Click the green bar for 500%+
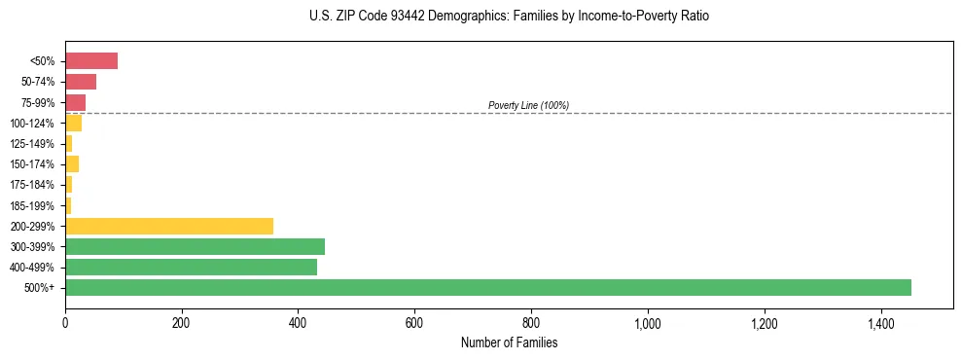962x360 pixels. [487, 287]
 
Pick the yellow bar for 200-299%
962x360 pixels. [169, 226]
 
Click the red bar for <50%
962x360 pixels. [91, 61]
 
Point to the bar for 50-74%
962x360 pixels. [81, 82]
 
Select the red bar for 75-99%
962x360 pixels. [75, 102]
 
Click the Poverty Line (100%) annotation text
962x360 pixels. [528, 105]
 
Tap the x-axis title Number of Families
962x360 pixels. [509, 342]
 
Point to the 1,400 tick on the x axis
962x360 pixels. [880, 322]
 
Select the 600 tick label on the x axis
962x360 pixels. [414, 322]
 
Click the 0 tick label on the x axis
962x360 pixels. [65, 322]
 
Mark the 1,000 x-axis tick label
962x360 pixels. [647, 322]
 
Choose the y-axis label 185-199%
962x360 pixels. [32, 205]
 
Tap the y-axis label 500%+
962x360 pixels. [39, 288]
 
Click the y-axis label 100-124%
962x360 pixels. [32, 124]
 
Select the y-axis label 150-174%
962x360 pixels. [32, 164]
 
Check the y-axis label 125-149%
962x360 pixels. [32, 144]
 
